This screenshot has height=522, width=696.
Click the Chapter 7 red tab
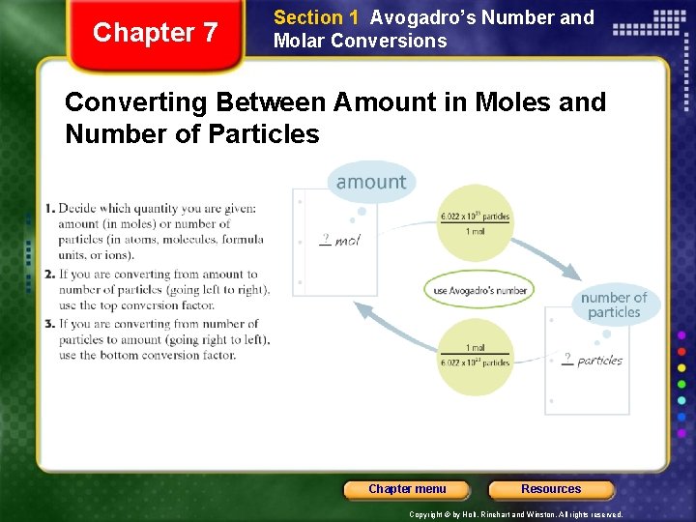[155, 33]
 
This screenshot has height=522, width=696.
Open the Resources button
[551, 489]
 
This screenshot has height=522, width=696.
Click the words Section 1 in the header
[308, 17]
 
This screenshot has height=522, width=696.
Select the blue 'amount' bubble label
[371, 182]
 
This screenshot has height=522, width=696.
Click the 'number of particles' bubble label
[614, 304]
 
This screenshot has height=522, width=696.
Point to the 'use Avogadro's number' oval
[479, 290]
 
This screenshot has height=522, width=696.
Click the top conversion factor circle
[476, 223]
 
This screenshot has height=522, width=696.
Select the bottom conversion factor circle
[476, 356]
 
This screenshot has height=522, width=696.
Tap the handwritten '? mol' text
[339, 239]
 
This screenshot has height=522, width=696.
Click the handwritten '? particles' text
[593, 360]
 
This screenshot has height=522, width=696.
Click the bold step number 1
[49, 209]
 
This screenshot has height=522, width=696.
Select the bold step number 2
[49, 275]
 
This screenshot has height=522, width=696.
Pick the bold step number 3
[49, 324]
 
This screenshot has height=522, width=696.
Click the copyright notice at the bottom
[516, 515]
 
